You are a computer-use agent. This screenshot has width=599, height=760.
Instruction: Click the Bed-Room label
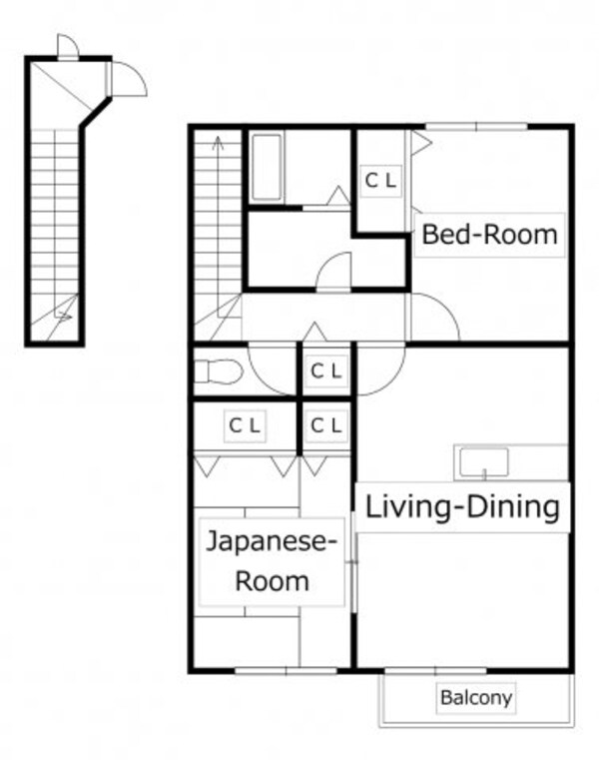488,236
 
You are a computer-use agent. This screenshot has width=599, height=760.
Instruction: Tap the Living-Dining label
462,506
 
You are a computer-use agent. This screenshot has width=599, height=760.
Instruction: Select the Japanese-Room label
272,561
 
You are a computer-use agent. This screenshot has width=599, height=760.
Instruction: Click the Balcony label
476,697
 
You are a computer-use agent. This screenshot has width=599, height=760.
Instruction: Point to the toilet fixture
219,372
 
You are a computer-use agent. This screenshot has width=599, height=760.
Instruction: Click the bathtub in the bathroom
267,168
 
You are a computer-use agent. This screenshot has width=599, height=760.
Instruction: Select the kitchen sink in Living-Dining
483,462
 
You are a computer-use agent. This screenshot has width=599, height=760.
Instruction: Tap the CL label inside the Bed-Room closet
379,181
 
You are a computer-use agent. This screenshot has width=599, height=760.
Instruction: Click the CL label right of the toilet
325,371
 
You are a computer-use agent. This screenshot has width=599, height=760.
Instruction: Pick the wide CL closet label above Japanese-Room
246,426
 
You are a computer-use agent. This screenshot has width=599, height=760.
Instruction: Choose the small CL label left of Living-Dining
325,426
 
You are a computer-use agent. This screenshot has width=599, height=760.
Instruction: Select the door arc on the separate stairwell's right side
129,78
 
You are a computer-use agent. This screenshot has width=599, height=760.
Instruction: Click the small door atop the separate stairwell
67,47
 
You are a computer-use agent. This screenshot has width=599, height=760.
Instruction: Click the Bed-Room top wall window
476,126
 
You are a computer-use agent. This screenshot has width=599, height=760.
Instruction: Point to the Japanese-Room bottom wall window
273,670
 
